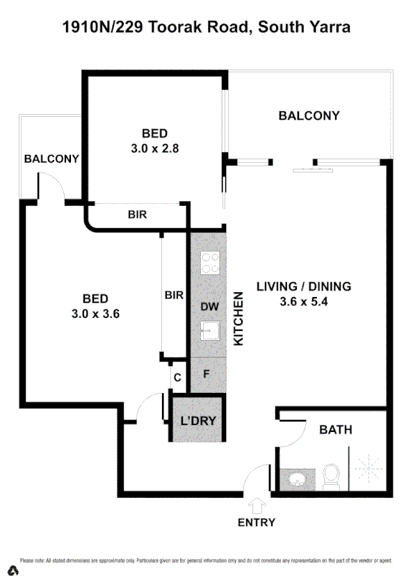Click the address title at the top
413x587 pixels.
206,28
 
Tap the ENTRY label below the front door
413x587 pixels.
257,522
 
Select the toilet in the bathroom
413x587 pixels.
331,478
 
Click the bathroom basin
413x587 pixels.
298,479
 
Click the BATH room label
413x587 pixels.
335,430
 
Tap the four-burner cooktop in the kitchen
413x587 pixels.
210,263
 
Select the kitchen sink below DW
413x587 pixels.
209,330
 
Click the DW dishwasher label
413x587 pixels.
209,306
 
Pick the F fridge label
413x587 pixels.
206,373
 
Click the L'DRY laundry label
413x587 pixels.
197,420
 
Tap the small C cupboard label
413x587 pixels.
177,378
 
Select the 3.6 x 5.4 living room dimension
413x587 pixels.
304,302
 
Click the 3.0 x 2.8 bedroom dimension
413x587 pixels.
155,147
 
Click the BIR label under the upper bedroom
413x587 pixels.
137,215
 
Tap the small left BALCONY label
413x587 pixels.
51,159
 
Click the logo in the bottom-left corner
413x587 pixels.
13,571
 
